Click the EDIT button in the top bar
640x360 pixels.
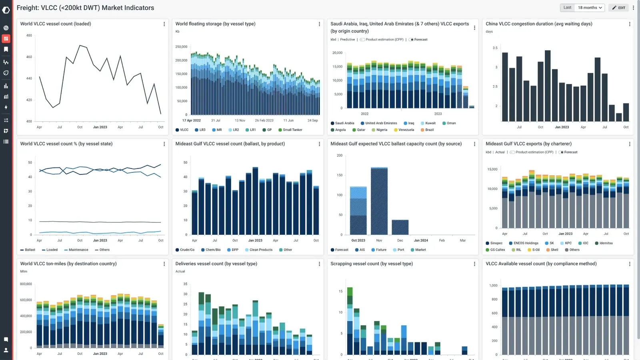click(x=618, y=8)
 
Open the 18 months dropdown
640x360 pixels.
click(x=590, y=8)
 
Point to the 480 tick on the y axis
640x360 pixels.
click(x=29, y=36)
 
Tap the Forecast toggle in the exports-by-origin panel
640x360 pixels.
click(x=418, y=40)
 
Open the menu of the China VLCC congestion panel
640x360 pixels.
click(x=630, y=24)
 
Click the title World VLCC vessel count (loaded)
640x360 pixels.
click(x=56, y=24)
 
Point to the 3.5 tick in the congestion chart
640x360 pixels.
click(x=495, y=48)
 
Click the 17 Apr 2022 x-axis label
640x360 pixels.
click(x=192, y=120)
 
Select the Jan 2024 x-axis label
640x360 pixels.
click(x=421, y=240)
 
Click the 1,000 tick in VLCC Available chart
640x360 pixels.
click(x=493, y=286)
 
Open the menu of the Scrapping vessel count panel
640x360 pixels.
click(x=474, y=264)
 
